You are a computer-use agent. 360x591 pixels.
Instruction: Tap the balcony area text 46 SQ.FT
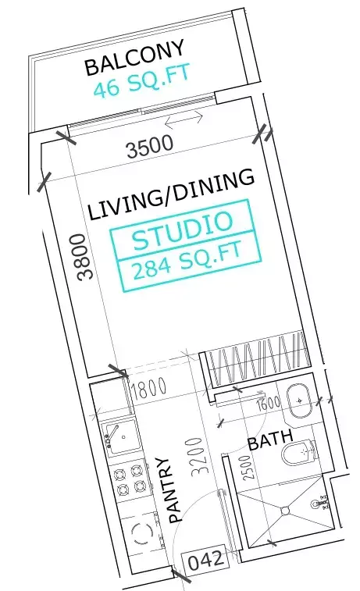[141, 83]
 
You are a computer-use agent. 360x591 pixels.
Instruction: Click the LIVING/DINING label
[172, 195]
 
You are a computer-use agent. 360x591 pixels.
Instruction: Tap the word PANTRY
[173, 490]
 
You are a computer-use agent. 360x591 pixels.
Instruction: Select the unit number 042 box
[206, 559]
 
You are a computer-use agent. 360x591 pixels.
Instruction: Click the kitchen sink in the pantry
[119, 436]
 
